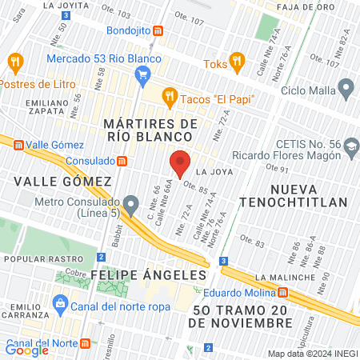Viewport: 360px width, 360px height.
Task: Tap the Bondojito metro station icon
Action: click(x=158, y=32)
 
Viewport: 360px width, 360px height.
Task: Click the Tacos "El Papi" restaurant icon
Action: click(x=169, y=98)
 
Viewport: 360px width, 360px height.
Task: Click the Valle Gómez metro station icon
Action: click(x=18, y=144)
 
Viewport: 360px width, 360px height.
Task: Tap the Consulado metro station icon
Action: click(x=121, y=160)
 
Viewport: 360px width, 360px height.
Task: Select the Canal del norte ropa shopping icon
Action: click(x=59, y=303)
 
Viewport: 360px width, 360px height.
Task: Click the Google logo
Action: click(x=26, y=350)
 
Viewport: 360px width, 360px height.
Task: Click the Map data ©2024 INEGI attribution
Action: click(x=312, y=354)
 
